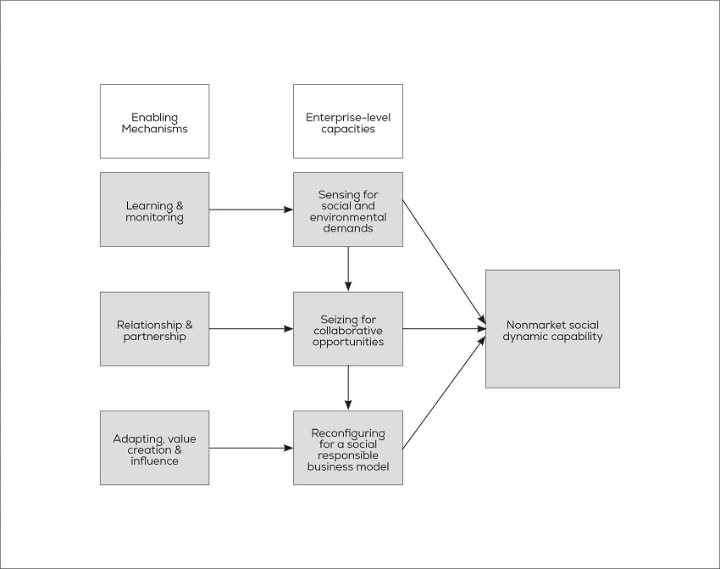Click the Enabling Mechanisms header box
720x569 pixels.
point(154,121)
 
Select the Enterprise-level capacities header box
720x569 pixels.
point(347,121)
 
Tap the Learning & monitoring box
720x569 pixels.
point(154,209)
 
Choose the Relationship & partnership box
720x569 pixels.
point(154,329)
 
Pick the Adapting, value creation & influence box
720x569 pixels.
point(154,448)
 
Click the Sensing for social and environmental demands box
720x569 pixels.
point(347,209)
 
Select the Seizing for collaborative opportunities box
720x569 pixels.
point(347,329)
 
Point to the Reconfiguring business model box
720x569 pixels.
point(347,448)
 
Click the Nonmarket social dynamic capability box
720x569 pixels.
point(552,329)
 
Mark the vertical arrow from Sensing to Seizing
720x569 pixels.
point(348,269)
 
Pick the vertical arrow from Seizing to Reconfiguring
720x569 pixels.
point(348,388)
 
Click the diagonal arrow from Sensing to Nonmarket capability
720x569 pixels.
point(444,263)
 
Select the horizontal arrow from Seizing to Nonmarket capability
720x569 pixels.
point(444,329)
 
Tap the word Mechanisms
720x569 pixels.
point(154,129)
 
